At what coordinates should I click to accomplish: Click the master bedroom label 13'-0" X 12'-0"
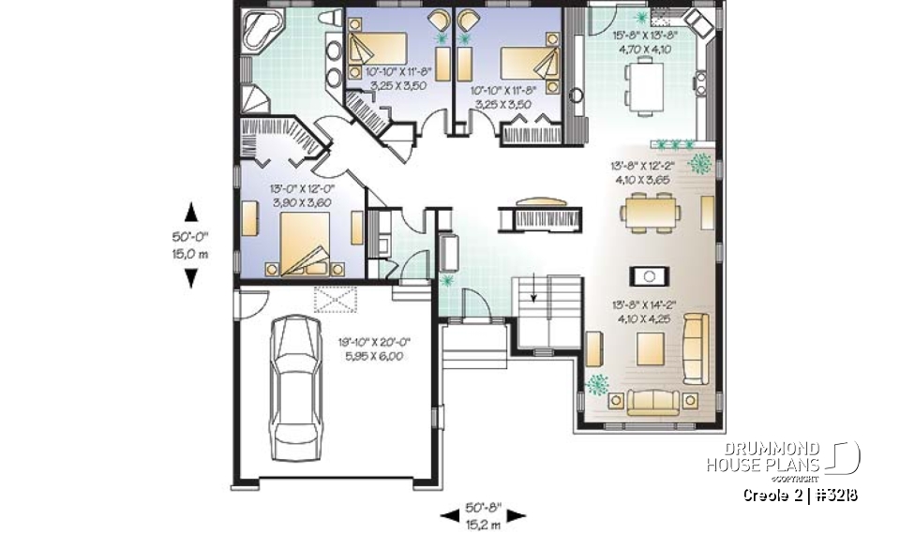[x=304, y=187]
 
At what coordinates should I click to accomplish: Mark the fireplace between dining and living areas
[x=648, y=275]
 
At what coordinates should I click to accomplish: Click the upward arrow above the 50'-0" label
[x=190, y=211]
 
